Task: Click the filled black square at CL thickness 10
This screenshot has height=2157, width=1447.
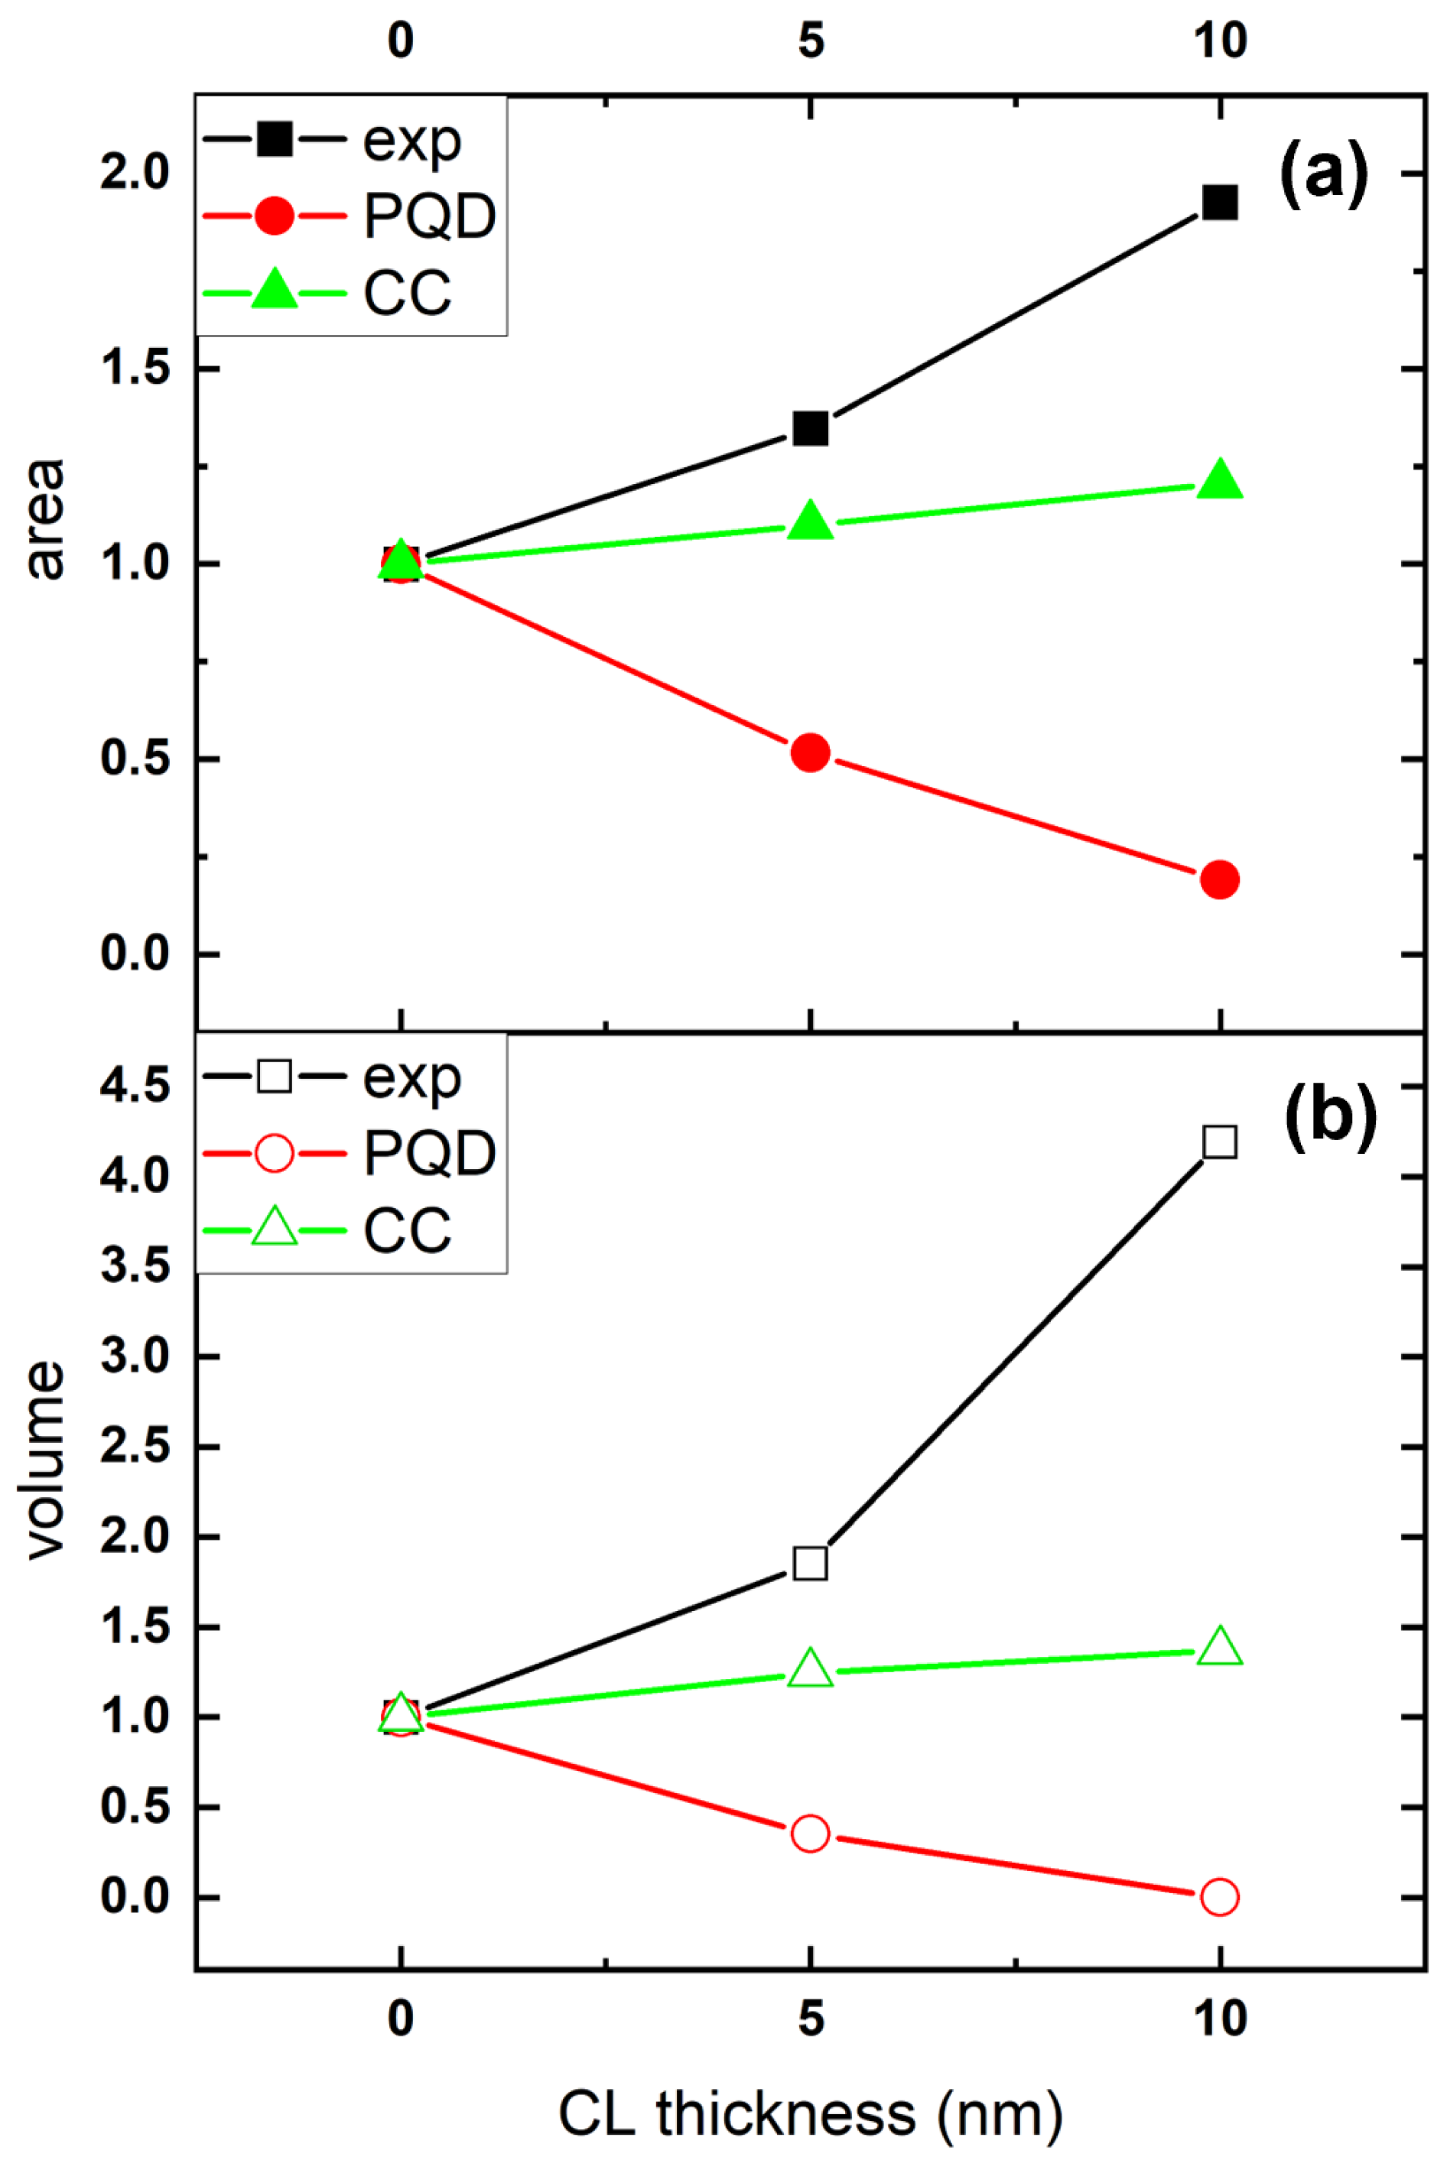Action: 1220,202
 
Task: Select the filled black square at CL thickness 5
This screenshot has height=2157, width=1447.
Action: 810,428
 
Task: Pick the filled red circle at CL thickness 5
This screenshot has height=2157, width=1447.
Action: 810,753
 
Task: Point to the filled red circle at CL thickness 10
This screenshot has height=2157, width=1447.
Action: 1220,879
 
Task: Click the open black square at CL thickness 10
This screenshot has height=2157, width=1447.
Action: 1220,1142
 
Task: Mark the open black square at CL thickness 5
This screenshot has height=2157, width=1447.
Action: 810,1564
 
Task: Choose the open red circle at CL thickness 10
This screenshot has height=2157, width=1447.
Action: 1219,1897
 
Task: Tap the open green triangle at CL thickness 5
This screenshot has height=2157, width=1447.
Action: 810,1669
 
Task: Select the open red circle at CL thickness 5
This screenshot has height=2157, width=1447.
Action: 810,1833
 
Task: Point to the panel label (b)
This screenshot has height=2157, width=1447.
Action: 1330,1116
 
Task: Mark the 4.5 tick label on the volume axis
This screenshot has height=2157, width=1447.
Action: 135,1086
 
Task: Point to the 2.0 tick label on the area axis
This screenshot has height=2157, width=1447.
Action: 135,173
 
